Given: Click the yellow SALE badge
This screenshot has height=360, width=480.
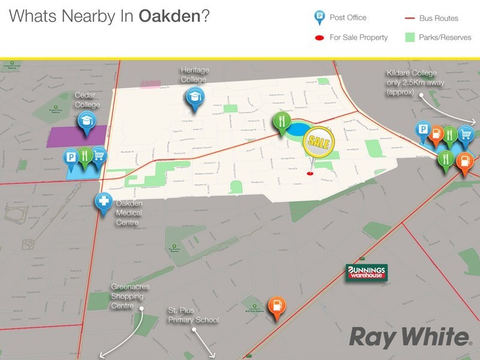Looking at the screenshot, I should click(x=318, y=142).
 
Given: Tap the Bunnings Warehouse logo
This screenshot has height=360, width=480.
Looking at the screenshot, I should click(x=366, y=273).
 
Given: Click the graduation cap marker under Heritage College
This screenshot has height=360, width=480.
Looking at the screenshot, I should click(x=194, y=98).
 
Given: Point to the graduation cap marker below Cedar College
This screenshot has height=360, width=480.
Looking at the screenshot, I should click(x=86, y=122).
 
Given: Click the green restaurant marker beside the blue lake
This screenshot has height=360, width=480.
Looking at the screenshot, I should click(x=281, y=122).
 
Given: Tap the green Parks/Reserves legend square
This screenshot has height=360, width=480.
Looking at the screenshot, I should click(x=410, y=37).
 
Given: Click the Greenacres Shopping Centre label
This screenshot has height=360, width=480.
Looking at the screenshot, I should click(x=130, y=296).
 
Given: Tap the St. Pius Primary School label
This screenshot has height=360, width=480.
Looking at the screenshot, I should click(x=193, y=316).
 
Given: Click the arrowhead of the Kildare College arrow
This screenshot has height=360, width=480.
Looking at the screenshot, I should click(x=473, y=122).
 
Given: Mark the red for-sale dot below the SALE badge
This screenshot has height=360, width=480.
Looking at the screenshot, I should click(x=310, y=174).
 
